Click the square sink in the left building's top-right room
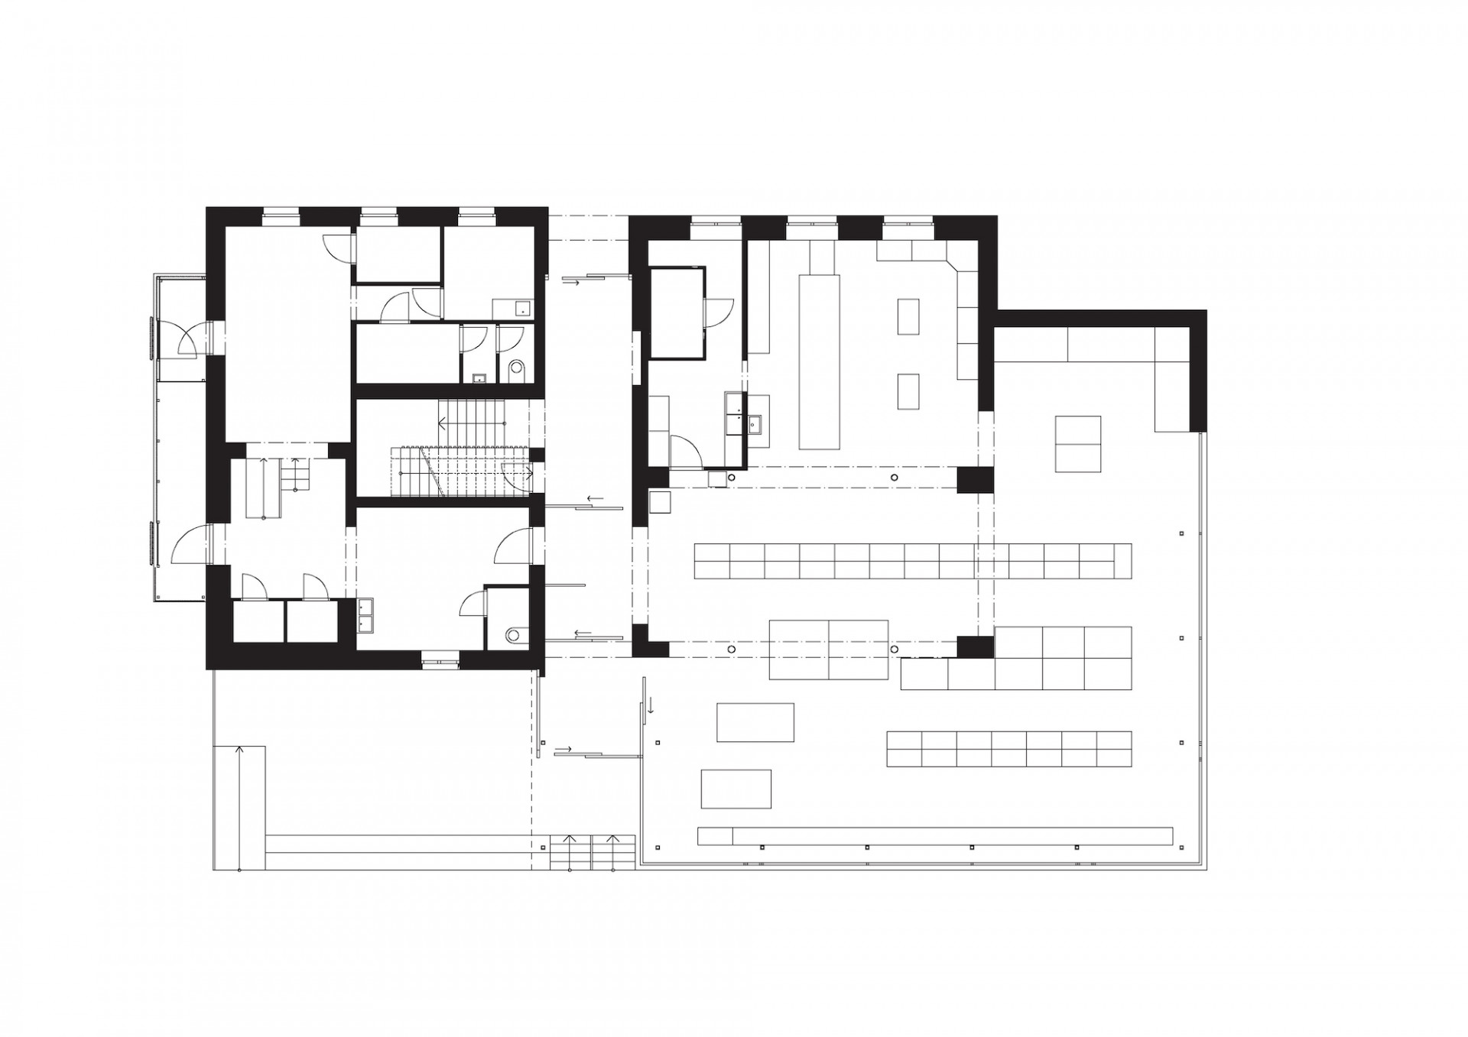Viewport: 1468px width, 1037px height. click(x=523, y=308)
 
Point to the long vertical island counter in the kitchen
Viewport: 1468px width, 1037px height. click(x=819, y=362)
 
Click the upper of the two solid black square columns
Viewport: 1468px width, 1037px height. click(x=974, y=480)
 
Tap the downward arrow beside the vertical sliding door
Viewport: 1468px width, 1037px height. click(x=651, y=705)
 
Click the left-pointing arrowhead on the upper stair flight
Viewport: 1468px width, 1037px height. click(x=443, y=422)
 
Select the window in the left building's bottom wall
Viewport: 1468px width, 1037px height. click(x=440, y=659)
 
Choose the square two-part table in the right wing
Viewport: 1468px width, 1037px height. click(x=1077, y=443)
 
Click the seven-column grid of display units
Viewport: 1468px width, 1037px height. click(x=1008, y=749)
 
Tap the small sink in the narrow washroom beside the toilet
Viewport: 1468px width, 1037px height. click(x=480, y=377)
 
